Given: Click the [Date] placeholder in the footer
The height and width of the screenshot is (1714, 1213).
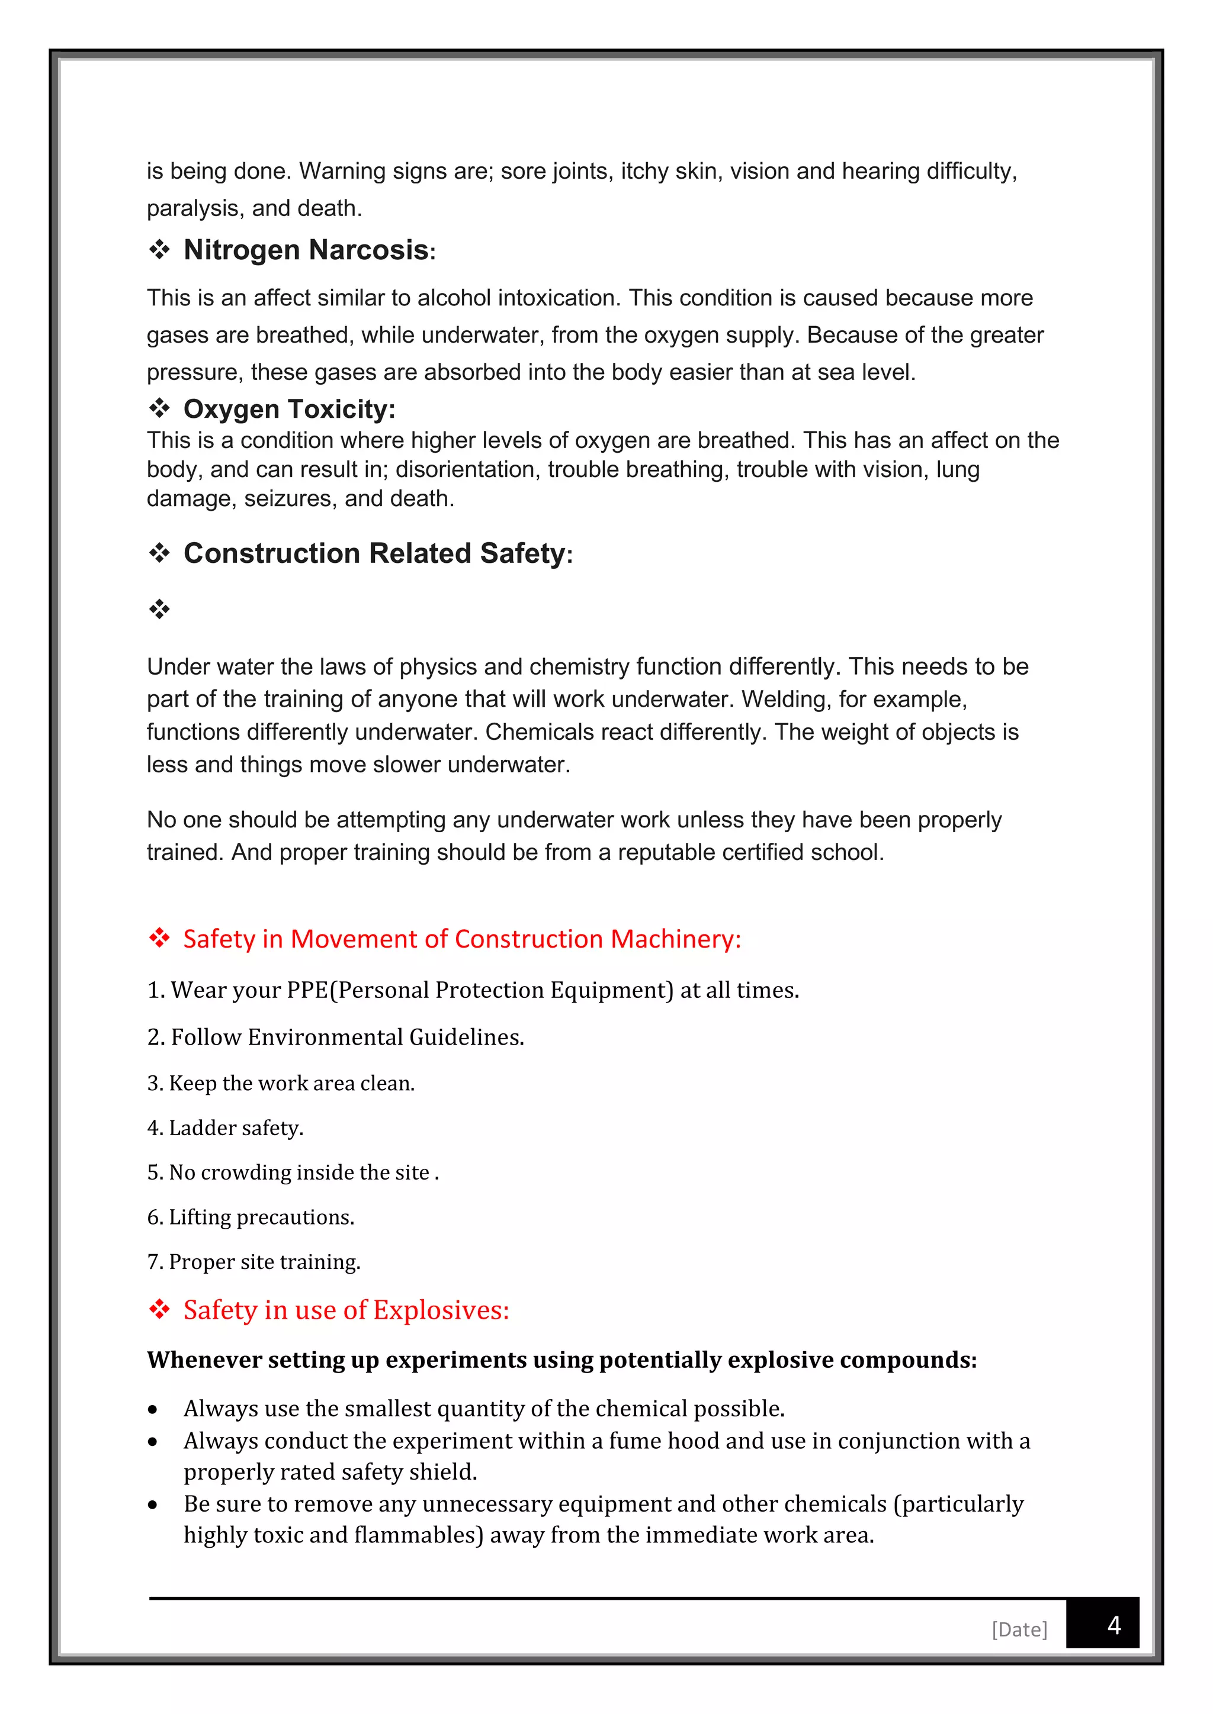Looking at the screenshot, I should point(1019,1629).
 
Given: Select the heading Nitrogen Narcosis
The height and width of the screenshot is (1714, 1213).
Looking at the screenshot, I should point(306,250).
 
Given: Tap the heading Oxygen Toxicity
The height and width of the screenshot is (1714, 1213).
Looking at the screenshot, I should point(288,409).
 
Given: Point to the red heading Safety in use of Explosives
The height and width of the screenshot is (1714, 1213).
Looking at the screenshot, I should point(346,1310).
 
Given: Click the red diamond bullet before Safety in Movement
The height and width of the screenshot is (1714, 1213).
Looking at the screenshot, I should point(159,937).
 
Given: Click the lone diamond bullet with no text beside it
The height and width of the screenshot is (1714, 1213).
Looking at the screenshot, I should point(159,609).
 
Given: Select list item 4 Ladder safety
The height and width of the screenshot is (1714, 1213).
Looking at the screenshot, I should point(225,1127).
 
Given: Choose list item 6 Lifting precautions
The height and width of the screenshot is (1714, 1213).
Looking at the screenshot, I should point(250,1217).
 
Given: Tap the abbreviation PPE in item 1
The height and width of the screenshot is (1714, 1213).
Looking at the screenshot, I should point(307,990).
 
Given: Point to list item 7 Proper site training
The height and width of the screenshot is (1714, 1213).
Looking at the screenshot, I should point(253,1262).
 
